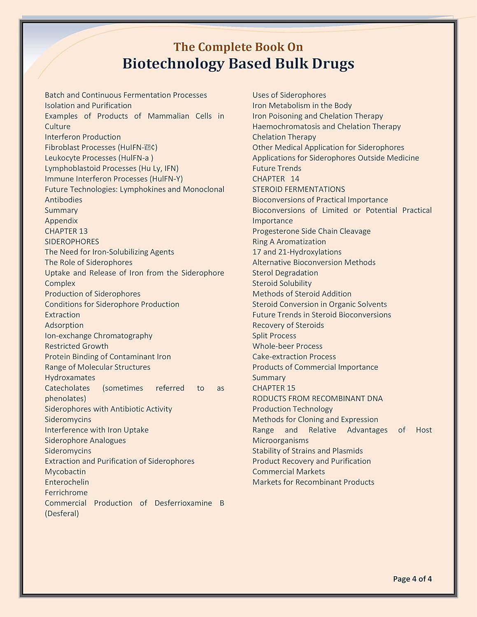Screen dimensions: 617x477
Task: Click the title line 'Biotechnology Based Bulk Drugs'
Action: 238,64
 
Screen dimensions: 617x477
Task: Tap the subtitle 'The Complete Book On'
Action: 238,47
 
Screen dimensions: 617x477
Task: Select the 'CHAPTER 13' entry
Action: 66,231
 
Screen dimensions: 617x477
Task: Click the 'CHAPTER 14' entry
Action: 276,179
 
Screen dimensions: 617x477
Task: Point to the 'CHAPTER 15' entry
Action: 274,388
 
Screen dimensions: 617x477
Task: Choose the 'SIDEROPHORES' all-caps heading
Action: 72,241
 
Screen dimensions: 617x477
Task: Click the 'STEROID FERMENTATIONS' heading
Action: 299,189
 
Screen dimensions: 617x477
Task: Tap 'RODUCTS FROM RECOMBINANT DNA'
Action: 317,399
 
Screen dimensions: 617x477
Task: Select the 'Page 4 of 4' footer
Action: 412,579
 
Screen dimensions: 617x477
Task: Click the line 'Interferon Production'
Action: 83,137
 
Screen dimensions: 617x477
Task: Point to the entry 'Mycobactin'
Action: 65,472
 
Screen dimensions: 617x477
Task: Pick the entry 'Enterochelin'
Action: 67,482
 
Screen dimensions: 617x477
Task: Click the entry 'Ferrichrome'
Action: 66,493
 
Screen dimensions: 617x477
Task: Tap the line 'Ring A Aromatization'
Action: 289,241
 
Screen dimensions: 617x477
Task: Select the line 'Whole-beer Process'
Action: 287,346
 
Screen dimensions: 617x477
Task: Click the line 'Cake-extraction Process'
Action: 294,357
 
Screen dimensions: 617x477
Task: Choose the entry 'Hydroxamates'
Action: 70,378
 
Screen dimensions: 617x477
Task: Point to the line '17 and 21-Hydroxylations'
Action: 297,252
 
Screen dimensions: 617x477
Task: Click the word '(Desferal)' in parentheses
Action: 62,514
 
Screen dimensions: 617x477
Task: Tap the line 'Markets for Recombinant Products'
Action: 313,482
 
